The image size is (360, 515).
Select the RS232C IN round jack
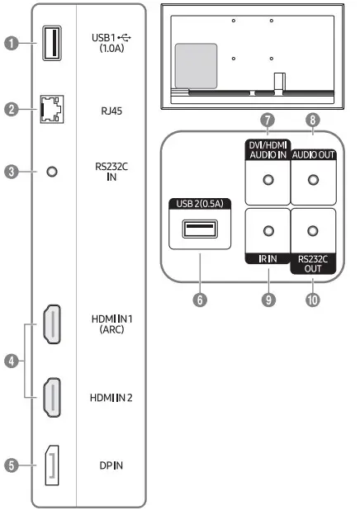tap(52, 172)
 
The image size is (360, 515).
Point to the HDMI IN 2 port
tap(51, 396)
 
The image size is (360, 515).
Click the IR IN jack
tap(267, 233)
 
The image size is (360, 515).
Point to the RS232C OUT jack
tap(314, 233)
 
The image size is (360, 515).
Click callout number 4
tap(10, 361)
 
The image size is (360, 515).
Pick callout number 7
tap(267, 120)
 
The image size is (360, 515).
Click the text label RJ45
tap(112, 108)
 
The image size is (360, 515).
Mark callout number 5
tap(10, 465)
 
